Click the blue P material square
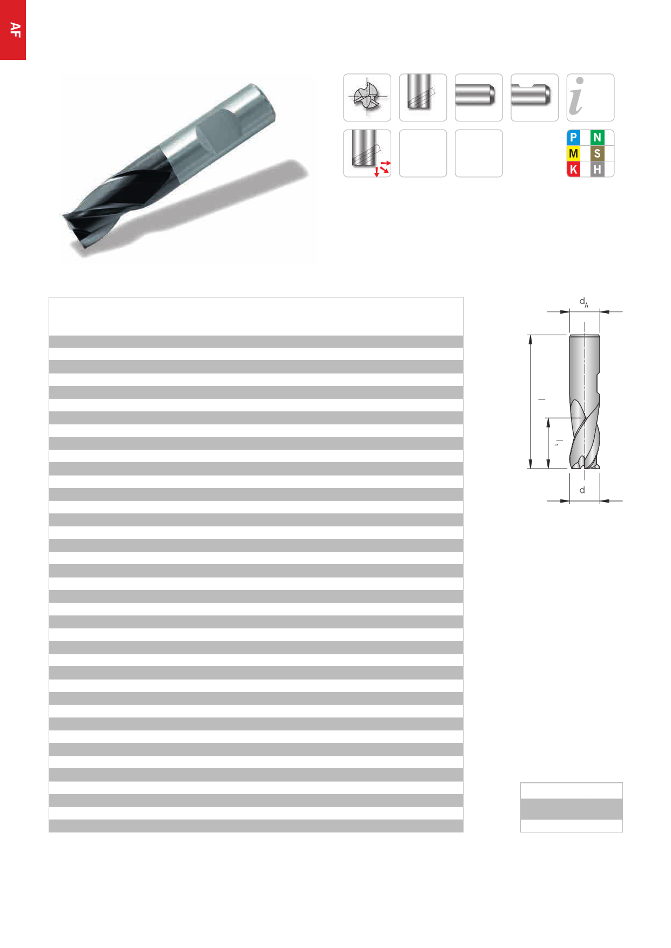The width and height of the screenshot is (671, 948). click(573, 138)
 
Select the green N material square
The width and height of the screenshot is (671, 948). click(597, 138)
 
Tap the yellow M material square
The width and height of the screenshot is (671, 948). click(573, 153)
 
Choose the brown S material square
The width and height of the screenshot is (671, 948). click(597, 153)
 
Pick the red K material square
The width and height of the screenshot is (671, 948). click(573, 169)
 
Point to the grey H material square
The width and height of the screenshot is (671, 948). click(597, 169)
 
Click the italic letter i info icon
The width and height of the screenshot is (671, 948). click(590, 98)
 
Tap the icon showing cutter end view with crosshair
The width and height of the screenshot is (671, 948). click(367, 98)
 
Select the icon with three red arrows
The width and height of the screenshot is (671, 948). click(367, 153)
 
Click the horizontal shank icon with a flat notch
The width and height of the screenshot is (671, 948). click(534, 98)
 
